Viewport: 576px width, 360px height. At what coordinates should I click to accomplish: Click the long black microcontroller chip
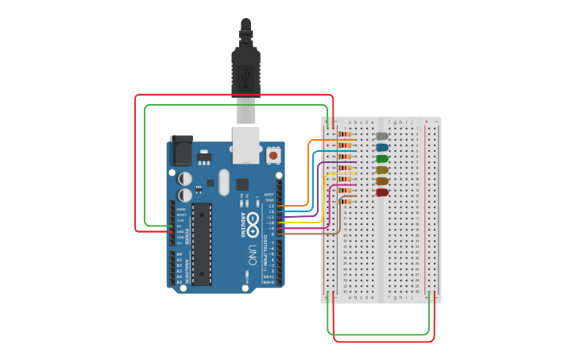click(x=202, y=243)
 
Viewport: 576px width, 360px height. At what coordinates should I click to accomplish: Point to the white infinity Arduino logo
click(x=253, y=224)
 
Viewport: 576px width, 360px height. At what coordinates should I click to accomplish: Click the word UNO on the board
click(x=253, y=255)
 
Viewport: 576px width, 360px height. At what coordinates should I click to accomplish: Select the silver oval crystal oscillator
click(x=224, y=182)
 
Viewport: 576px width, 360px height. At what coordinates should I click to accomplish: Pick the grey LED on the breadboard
click(x=382, y=136)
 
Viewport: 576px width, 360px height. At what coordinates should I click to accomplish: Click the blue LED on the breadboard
click(x=382, y=147)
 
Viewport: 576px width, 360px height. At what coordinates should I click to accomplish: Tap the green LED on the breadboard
click(x=382, y=158)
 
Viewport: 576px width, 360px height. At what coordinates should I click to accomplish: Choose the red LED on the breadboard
click(x=382, y=192)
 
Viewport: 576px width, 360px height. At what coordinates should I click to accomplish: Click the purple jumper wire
click(x=319, y=191)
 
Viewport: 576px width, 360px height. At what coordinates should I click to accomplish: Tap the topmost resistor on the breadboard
click(x=345, y=134)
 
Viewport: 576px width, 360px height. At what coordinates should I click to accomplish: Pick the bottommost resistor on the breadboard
click(x=345, y=202)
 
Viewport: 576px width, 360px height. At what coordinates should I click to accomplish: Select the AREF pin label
click(x=269, y=195)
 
